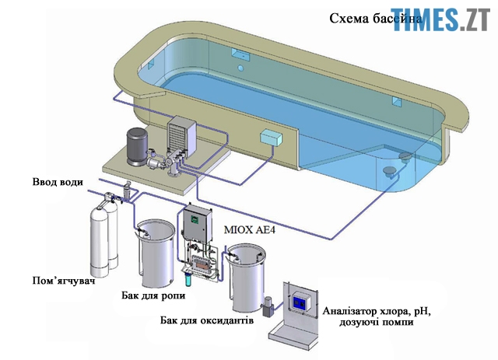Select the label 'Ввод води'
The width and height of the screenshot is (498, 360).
pos(55,183)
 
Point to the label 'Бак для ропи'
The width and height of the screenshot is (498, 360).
pos(153,296)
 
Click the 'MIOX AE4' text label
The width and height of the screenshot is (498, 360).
pos(250,230)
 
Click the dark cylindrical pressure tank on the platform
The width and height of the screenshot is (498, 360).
pos(139,144)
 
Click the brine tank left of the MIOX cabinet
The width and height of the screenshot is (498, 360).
pos(155,253)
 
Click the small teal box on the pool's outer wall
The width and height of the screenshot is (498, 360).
pos(272,137)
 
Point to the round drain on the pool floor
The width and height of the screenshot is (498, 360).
pos(405,158)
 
